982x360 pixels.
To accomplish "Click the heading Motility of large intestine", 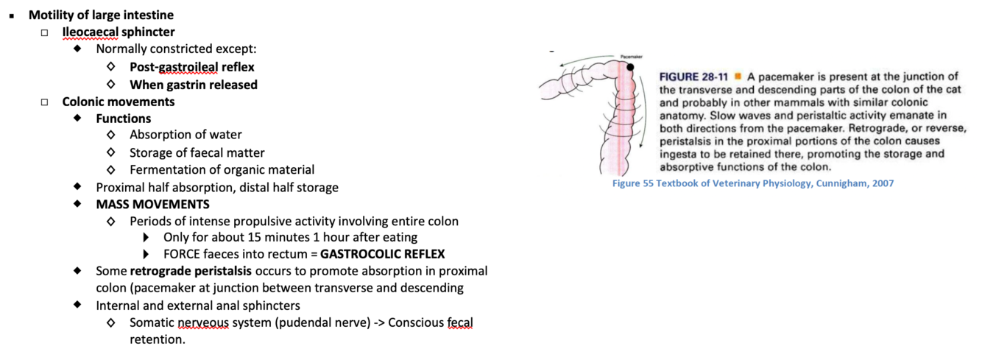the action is click(101, 15).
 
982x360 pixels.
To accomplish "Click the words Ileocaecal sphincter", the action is click(119, 32).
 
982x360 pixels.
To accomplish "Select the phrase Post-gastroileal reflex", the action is click(192, 67).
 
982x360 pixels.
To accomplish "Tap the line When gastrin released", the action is click(194, 85).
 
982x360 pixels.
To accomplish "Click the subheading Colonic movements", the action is click(119, 102).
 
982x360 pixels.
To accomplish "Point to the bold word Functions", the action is click(124, 119).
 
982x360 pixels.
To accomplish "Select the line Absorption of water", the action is click(186, 135).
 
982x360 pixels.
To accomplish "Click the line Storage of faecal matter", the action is click(197, 152).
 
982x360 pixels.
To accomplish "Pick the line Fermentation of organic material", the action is click(222, 170).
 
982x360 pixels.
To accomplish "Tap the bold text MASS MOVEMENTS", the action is click(152, 204).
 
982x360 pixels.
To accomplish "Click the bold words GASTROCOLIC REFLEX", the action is click(383, 255).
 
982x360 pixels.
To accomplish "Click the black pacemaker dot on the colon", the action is click(631, 67).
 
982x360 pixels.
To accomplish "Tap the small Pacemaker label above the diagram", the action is click(631, 57).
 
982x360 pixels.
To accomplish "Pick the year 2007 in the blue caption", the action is click(880, 183).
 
